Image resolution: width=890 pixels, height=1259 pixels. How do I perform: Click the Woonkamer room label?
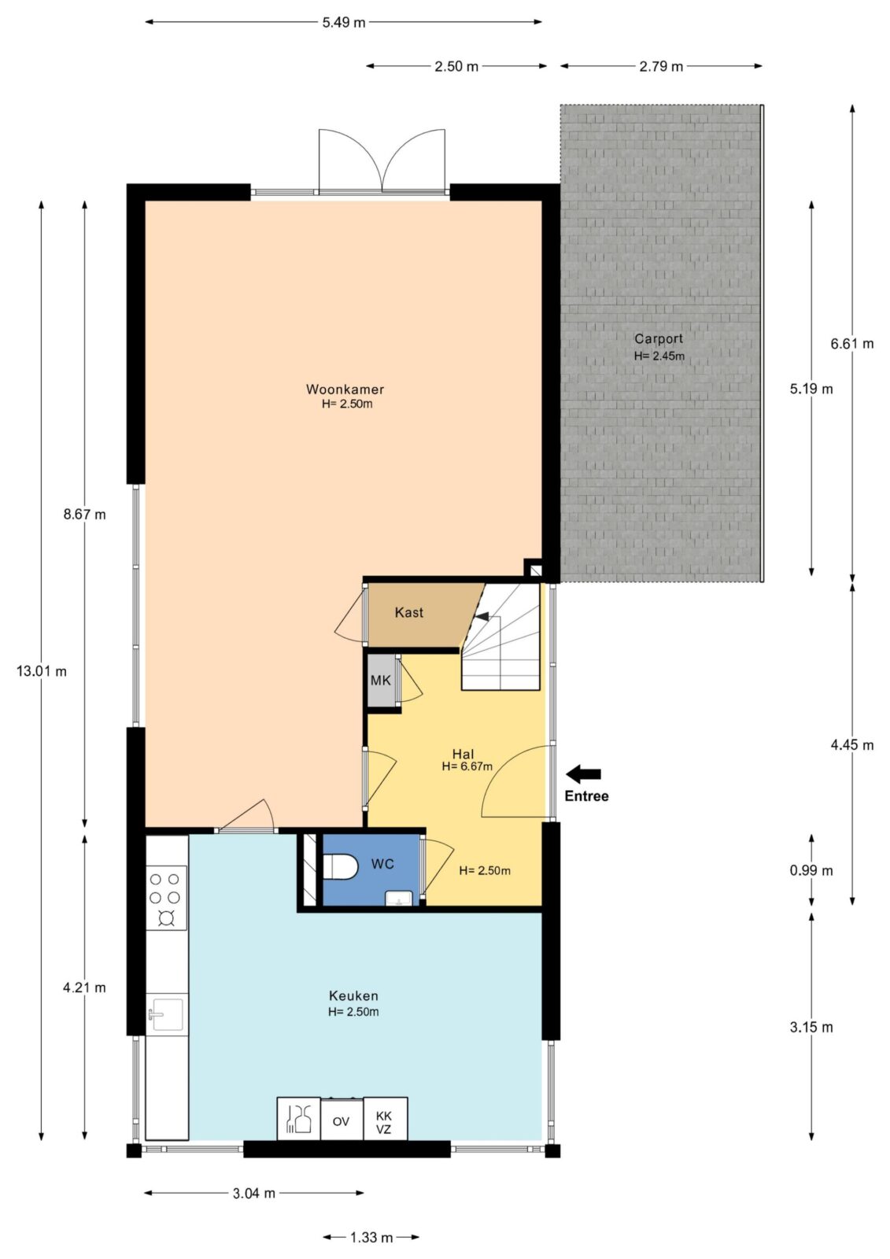click(345, 389)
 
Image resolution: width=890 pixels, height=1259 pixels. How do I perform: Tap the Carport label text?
click(659, 339)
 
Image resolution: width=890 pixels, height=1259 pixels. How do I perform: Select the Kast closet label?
click(408, 612)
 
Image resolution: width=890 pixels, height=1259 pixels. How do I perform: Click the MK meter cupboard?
click(381, 681)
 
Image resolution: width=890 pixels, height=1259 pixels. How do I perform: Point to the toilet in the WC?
click(341, 866)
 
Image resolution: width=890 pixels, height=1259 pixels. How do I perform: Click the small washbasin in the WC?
click(399, 899)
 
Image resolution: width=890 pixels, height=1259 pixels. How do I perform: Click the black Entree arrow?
click(583, 774)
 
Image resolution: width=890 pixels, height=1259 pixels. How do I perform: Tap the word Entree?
click(586, 796)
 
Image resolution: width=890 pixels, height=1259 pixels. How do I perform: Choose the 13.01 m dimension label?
click(42, 671)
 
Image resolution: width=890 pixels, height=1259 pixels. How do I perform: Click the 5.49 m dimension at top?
click(344, 23)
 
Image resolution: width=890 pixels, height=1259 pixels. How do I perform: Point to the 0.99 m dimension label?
click(811, 870)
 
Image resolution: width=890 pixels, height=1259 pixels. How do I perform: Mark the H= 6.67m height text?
click(467, 766)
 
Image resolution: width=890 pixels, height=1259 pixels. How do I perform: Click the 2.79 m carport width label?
click(660, 66)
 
